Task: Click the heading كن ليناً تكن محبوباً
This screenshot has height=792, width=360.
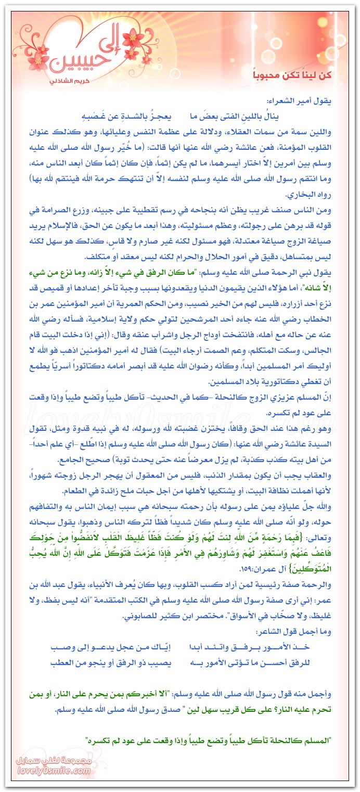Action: [298, 76]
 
